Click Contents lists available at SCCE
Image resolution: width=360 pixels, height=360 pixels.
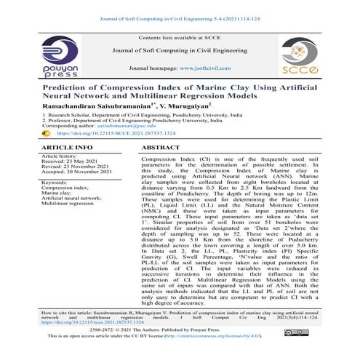coord(179,36)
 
